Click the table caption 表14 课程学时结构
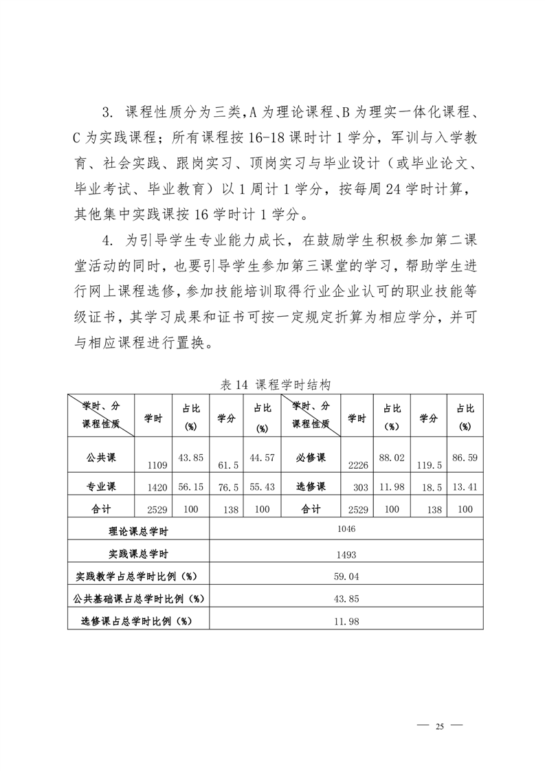click(x=275, y=385)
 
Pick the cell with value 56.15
click(x=192, y=487)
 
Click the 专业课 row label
click(x=100, y=487)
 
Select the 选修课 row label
click(x=311, y=487)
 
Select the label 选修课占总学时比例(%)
click(x=135, y=621)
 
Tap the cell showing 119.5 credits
click(x=429, y=465)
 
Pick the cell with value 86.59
click(x=465, y=456)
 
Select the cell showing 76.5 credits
click(x=227, y=487)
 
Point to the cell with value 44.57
click(x=262, y=456)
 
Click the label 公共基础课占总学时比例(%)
click(x=138, y=599)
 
